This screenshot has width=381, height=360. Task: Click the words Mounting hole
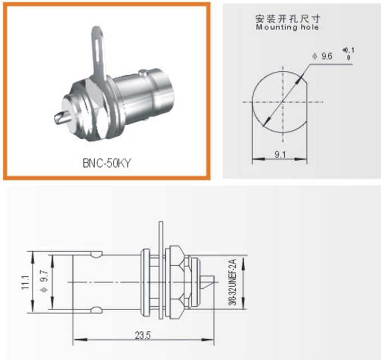click(x=287, y=27)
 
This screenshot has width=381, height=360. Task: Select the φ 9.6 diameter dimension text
click(x=323, y=56)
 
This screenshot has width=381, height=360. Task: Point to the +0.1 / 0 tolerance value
click(x=350, y=54)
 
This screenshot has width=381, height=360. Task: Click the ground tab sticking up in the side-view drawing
click(x=160, y=233)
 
